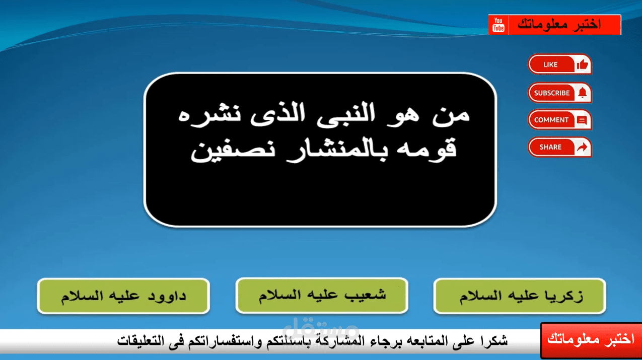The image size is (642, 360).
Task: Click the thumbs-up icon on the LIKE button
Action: click(583, 64)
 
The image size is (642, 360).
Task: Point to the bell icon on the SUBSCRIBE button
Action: click(583, 93)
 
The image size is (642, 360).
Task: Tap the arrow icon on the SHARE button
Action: click(582, 147)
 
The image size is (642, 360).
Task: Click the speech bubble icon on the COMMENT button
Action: click(582, 120)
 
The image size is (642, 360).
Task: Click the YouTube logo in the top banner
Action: click(498, 25)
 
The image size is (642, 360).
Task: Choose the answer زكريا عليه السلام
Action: click(520, 296)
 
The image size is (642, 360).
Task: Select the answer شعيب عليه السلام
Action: click(322, 295)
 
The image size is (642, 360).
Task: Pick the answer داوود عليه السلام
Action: click(123, 296)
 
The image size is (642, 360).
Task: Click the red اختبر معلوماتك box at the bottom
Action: click(591, 340)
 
